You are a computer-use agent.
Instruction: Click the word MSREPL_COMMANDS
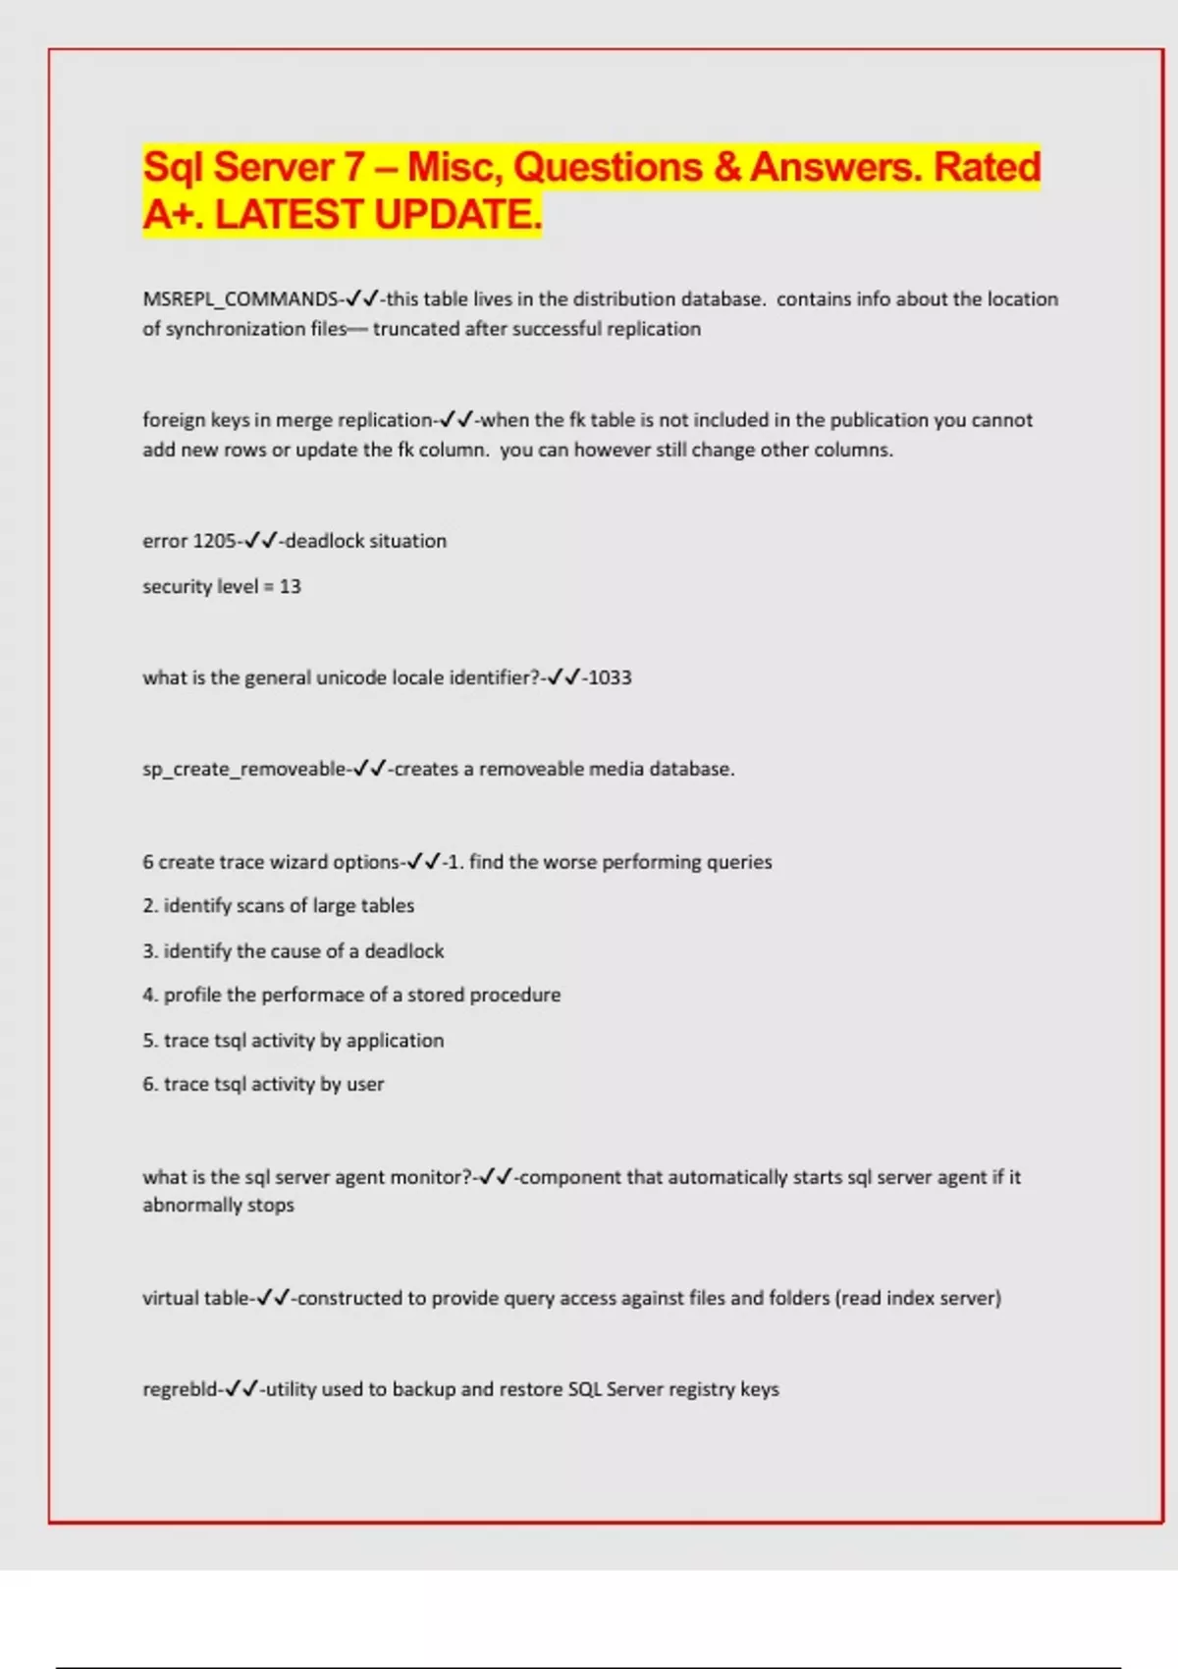click(241, 299)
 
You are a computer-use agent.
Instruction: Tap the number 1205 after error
click(215, 541)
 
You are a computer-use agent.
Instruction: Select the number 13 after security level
click(291, 586)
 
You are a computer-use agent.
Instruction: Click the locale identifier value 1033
click(610, 677)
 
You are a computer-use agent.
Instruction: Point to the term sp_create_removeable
click(244, 769)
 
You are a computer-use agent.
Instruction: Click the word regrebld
click(180, 1389)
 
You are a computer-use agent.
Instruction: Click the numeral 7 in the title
click(354, 167)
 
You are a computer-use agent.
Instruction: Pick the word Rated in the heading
click(987, 167)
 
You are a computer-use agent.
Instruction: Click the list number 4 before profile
click(149, 995)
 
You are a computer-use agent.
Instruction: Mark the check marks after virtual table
click(274, 1298)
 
